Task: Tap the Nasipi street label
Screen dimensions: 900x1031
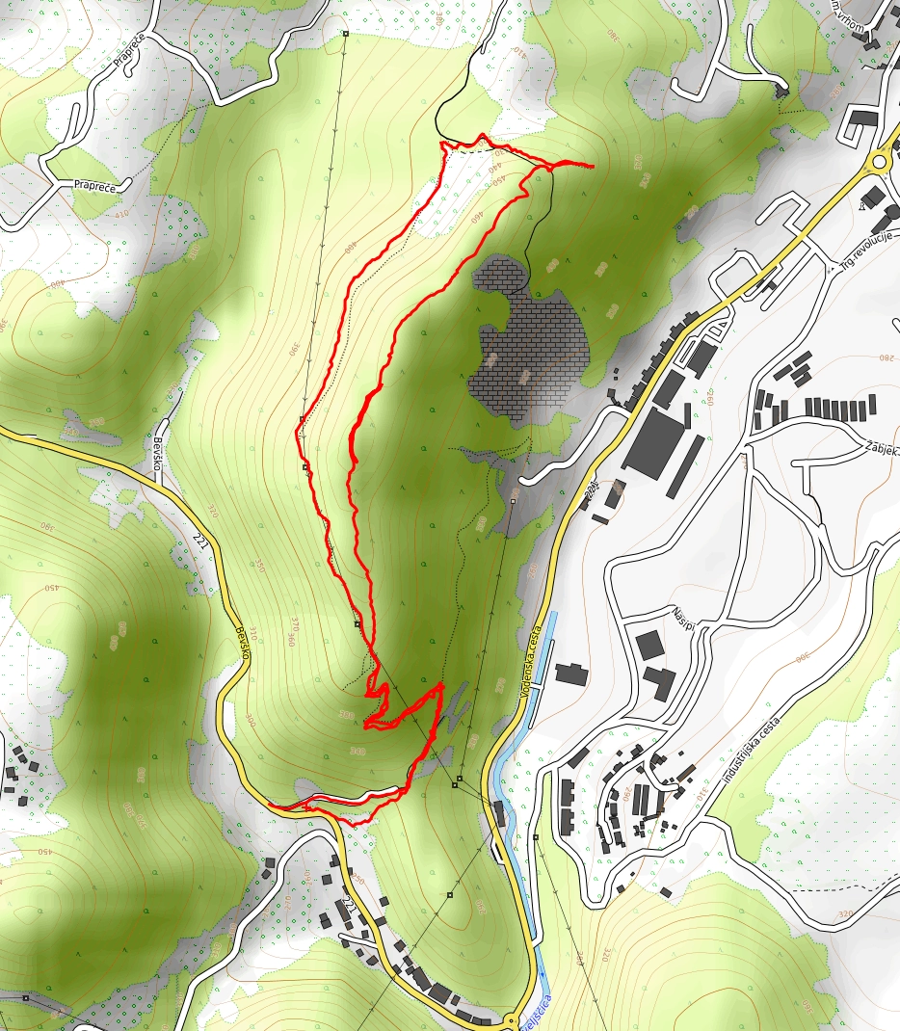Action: click(x=684, y=616)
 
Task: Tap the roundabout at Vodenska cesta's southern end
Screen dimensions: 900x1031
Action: click(x=512, y=1019)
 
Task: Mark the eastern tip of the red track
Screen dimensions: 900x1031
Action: click(x=591, y=167)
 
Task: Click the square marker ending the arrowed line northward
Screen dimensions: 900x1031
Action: click(x=345, y=35)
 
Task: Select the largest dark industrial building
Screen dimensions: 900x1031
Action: click(x=659, y=441)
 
